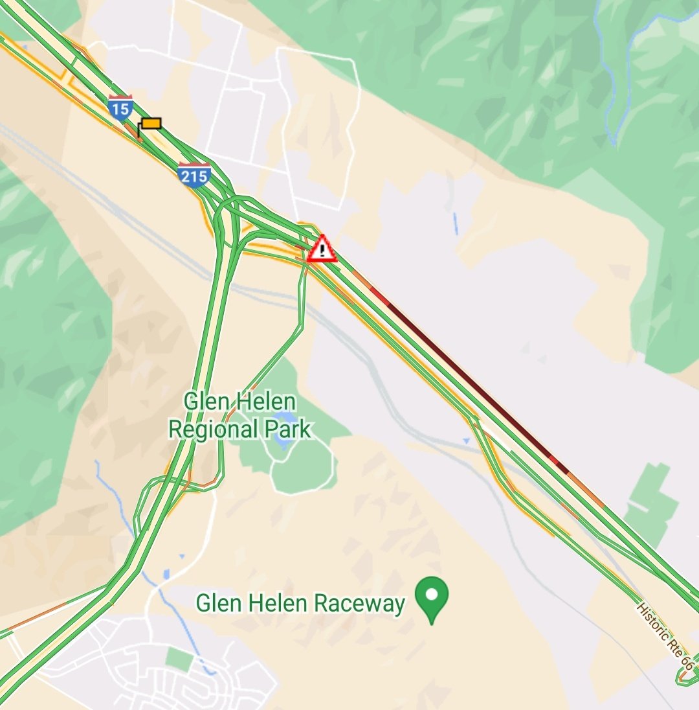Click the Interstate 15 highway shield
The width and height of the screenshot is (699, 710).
click(x=120, y=107)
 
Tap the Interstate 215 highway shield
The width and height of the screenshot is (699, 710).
click(x=194, y=175)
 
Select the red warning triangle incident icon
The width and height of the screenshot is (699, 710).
click(x=322, y=249)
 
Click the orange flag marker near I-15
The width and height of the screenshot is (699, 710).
click(x=151, y=123)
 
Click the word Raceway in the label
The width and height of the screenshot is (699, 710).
click(x=359, y=604)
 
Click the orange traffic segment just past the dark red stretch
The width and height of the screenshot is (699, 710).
click(x=586, y=489)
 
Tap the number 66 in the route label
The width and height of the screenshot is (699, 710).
click(x=687, y=665)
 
